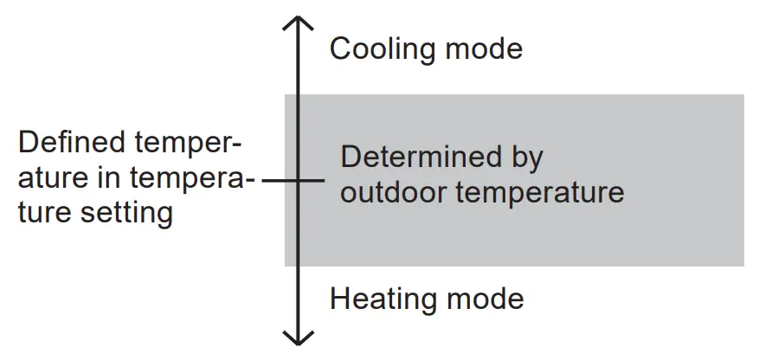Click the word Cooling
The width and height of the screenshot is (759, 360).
[383, 49]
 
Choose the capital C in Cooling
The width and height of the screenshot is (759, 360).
[341, 49]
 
